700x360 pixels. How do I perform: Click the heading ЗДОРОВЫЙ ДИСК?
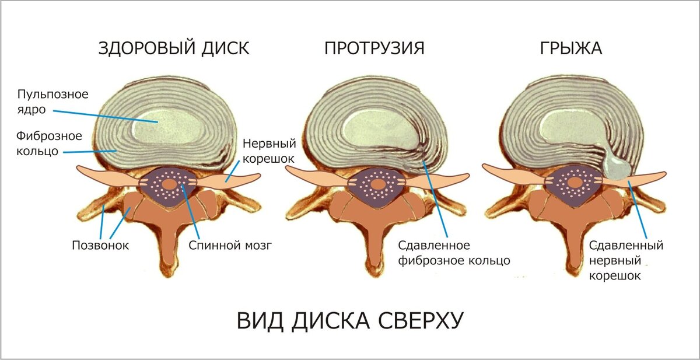173,48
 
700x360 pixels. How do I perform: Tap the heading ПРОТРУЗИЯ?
374,48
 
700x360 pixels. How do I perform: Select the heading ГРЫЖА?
570,48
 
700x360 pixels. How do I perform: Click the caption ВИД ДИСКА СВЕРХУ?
350,321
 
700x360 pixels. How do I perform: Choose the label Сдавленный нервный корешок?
626,260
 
